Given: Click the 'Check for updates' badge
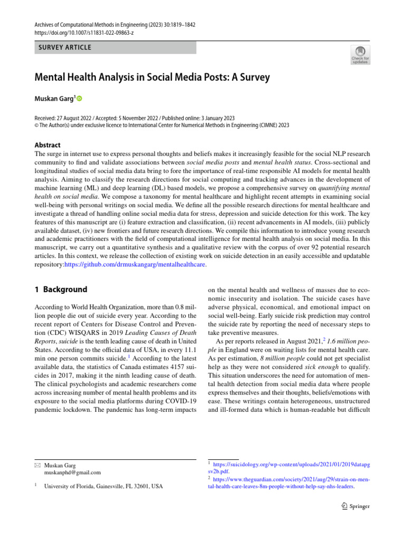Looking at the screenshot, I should click(360, 55).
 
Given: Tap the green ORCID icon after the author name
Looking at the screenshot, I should click(81, 99).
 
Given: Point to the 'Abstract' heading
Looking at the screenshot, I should click(47, 145).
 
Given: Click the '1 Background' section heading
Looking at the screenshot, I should click(61, 290).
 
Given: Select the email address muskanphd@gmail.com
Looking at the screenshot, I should click(73, 473).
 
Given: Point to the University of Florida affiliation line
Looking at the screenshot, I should click(103, 486).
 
